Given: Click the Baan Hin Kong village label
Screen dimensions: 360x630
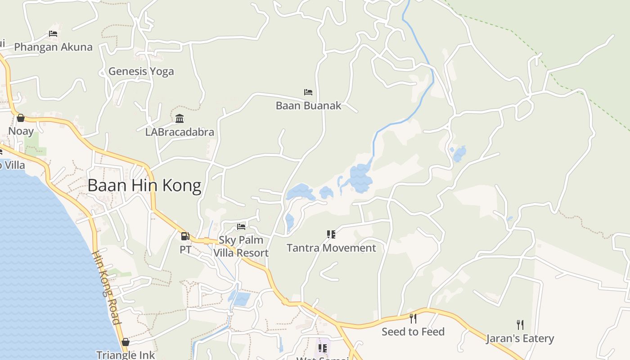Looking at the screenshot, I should tap(144, 185).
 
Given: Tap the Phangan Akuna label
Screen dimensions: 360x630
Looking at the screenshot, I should tap(53, 47).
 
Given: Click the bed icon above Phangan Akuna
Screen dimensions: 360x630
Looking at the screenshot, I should tap(53, 34).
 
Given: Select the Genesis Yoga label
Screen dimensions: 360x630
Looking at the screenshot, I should tap(141, 71).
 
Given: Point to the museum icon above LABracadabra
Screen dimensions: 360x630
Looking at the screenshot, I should tap(180, 118).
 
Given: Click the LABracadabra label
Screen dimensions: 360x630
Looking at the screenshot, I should tap(180, 132).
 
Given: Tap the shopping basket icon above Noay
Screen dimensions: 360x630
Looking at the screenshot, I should tap(21, 118).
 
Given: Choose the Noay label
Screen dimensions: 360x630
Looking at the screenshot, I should tap(21, 131).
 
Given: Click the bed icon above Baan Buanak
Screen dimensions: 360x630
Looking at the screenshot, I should tap(308, 92).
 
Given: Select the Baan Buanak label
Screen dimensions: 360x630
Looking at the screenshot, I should tap(309, 106).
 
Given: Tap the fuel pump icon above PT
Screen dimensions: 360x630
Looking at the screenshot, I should tap(185, 236).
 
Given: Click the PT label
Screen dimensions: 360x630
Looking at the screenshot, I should tap(185, 249).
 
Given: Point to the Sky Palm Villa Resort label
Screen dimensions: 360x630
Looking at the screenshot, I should tap(241, 247).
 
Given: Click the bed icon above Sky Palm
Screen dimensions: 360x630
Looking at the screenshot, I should tap(241, 226).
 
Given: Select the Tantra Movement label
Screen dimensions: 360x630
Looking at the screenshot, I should tap(331, 248).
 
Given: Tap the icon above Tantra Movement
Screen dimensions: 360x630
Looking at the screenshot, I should tap(331, 234).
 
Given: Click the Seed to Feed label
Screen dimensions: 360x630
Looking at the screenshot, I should tap(413, 332).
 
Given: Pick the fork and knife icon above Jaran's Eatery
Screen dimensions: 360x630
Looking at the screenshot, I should tap(520, 324).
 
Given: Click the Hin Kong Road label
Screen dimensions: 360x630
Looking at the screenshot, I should tap(107, 287).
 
